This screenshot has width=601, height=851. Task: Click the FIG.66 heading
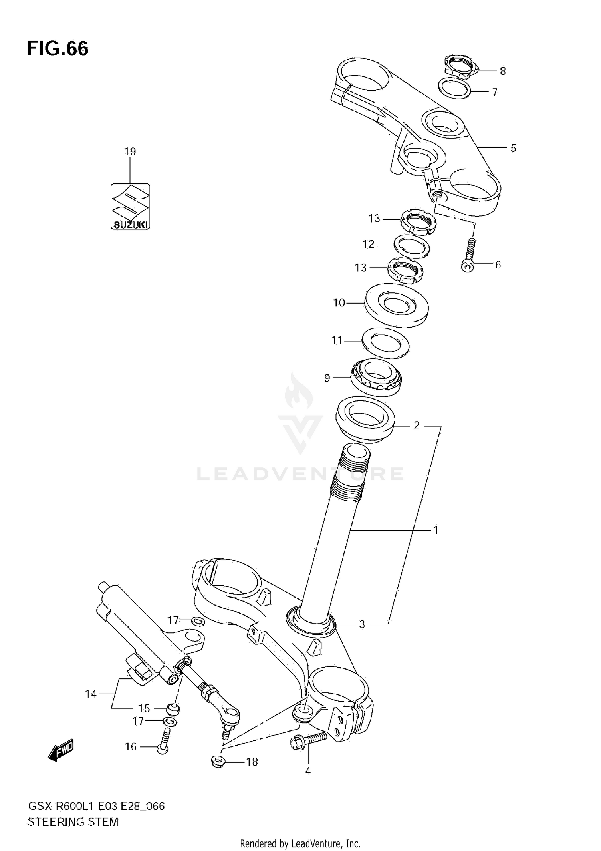coord(58,49)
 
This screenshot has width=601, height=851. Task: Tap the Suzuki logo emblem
coord(130,206)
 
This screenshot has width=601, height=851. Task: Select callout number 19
coord(130,151)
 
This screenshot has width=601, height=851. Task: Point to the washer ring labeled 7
coord(454,89)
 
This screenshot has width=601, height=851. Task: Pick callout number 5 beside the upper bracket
coord(513,148)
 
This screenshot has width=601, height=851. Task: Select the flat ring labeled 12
coord(412,246)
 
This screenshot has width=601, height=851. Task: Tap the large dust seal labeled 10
coord(397,304)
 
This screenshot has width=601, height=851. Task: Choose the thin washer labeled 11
coord(385,342)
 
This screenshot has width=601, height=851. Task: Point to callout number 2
coord(417,425)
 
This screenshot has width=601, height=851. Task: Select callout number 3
coord(362,624)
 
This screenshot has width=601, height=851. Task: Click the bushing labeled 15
coord(173,708)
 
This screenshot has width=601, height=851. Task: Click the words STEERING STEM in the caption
coord(73,822)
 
